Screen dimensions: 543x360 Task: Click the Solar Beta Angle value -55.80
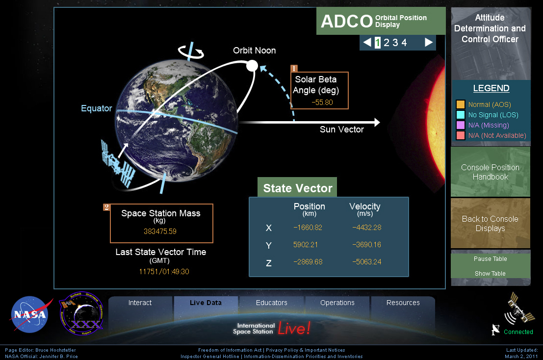[322, 103]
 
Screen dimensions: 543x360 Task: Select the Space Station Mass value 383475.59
[160, 231]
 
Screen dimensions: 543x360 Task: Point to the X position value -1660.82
[308, 228]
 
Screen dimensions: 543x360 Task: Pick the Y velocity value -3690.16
[366, 245]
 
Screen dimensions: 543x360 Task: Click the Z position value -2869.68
[308, 262]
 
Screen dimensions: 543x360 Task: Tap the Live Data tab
[206, 303]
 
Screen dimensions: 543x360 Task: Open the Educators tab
[272, 303]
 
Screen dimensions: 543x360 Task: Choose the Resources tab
[403, 303]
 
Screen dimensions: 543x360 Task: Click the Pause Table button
[491, 259]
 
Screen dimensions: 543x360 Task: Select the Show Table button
[491, 274]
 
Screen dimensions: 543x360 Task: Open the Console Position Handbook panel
[491, 172]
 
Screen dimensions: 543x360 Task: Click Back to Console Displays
[491, 224]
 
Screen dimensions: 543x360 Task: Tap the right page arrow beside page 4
[429, 43]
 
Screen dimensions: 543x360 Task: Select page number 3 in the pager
[395, 43]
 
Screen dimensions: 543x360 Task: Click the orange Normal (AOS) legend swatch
[461, 104]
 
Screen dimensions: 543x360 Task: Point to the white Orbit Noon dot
[252, 66]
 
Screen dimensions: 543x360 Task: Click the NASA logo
[30, 314]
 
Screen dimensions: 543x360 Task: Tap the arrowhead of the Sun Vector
[377, 122]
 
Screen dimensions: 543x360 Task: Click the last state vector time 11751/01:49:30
[164, 272]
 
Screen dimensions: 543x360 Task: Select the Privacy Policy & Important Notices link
[306, 350]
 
